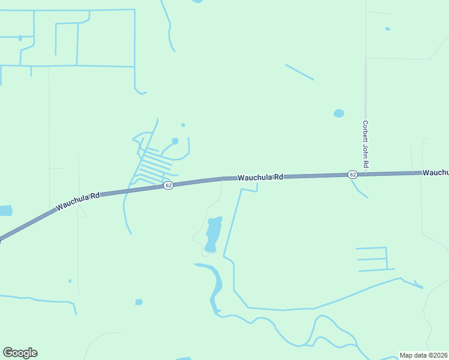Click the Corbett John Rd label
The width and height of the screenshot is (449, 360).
365,144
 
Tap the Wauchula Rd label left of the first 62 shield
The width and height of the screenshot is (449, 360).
78,202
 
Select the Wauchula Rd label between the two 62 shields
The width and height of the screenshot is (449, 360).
260,178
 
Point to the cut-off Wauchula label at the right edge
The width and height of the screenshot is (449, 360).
435,172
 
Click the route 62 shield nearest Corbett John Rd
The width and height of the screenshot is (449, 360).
352,174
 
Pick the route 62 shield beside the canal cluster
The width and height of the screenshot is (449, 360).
169,185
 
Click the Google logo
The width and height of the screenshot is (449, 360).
20,353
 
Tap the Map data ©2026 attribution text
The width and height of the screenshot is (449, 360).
423,355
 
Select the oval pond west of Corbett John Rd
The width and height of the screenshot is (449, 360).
339,113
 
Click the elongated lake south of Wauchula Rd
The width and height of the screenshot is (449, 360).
213,234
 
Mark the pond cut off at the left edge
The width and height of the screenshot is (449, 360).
5,211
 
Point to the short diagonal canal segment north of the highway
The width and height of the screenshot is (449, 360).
300,72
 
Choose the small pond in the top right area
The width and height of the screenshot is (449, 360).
388,29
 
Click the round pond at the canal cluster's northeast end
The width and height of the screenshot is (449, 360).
175,142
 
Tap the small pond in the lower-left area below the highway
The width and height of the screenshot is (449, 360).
139,302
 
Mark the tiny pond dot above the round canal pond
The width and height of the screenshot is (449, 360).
182,125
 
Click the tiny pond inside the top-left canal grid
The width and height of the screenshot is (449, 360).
20,38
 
